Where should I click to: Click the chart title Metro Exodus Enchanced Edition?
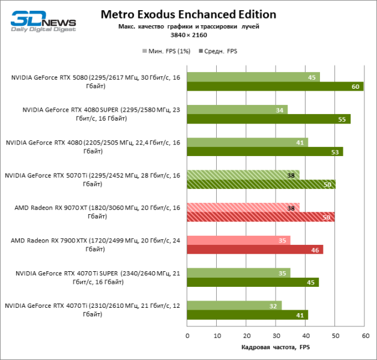(188, 14)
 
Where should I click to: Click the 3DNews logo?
(43, 22)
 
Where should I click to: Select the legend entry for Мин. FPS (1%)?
(166, 52)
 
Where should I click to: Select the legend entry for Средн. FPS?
(218, 52)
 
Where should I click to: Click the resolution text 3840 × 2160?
(188, 35)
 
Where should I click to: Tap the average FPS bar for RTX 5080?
(275, 86)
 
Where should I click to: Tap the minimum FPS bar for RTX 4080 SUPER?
(237, 109)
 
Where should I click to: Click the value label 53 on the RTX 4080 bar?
(334, 152)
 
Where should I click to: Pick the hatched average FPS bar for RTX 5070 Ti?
(261, 184)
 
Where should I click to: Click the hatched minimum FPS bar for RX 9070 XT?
(243, 208)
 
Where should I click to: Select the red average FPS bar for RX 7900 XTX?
(255, 249)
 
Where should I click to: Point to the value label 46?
(314, 249)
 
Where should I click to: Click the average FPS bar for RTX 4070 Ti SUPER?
(253, 282)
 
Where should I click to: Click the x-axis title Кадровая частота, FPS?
(276, 347)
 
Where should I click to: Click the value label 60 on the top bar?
(355, 86)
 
